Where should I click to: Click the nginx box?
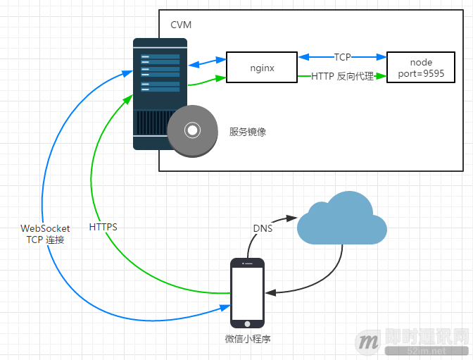tap(262, 68)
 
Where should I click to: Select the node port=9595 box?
tap(421, 68)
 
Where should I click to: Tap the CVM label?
tap(181, 25)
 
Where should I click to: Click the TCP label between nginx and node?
tap(342, 56)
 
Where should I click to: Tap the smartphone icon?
tap(247, 292)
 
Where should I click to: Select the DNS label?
tap(262, 228)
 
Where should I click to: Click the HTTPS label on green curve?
tap(103, 228)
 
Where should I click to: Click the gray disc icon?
tap(192, 130)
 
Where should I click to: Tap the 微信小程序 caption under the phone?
tap(248, 339)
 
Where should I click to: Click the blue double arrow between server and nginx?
tap(206, 64)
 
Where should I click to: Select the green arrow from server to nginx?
tap(206, 82)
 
